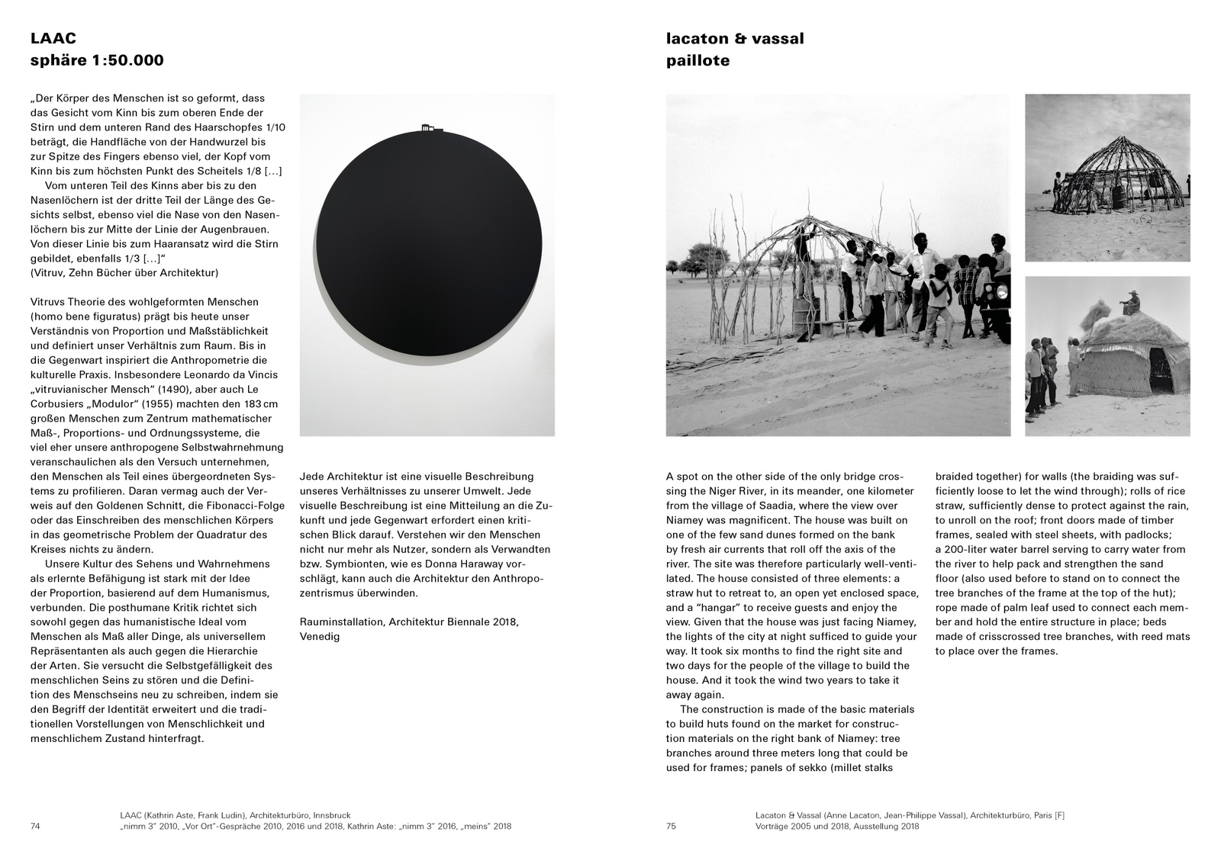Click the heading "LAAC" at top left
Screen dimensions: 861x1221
tap(53, 38)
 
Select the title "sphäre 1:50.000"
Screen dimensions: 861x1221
tap(97, 60)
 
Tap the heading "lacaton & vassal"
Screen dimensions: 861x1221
tap(735, 38)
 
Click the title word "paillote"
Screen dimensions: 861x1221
tap(697, 60)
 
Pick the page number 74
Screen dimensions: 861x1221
tap(36, 826)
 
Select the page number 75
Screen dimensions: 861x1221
tap(672, 826)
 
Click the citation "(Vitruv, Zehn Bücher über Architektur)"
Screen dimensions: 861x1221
tap(124, 273)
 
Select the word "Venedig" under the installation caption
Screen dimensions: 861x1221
tap(320, 636)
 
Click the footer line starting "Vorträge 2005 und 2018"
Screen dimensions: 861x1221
tap(837, 826)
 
